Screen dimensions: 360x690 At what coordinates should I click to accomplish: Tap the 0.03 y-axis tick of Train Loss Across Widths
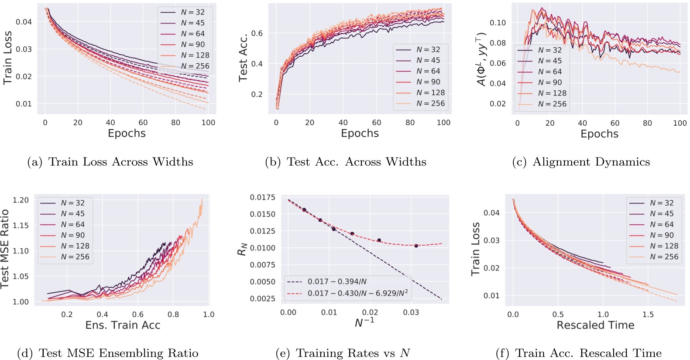[x=24, y=49]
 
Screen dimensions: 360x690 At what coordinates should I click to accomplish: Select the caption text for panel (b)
[x=345, y=162]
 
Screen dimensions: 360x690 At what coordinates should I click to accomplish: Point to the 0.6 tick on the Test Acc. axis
[x=257, y=33]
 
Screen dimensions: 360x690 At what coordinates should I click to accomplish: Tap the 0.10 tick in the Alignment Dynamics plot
[x=498, y=23]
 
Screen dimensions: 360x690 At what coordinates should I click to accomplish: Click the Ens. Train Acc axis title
[x=123, y=325]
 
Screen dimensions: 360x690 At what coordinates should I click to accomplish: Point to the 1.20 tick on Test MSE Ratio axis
[x=21, y=200]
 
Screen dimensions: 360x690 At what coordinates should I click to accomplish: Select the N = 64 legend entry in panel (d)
[x=72, y=224]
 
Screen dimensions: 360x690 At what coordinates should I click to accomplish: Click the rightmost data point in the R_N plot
[x=416, y=246]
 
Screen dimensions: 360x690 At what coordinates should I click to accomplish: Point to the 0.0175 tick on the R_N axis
[x=262, y=198]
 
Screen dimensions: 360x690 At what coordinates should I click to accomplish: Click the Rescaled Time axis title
[x=595, y=325]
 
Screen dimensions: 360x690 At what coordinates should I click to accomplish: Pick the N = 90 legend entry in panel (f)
[x=661, y=235]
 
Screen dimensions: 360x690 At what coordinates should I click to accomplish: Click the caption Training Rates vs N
[x=343, y=353]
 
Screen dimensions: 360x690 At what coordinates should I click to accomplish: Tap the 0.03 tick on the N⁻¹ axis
[x=411, y=312]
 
